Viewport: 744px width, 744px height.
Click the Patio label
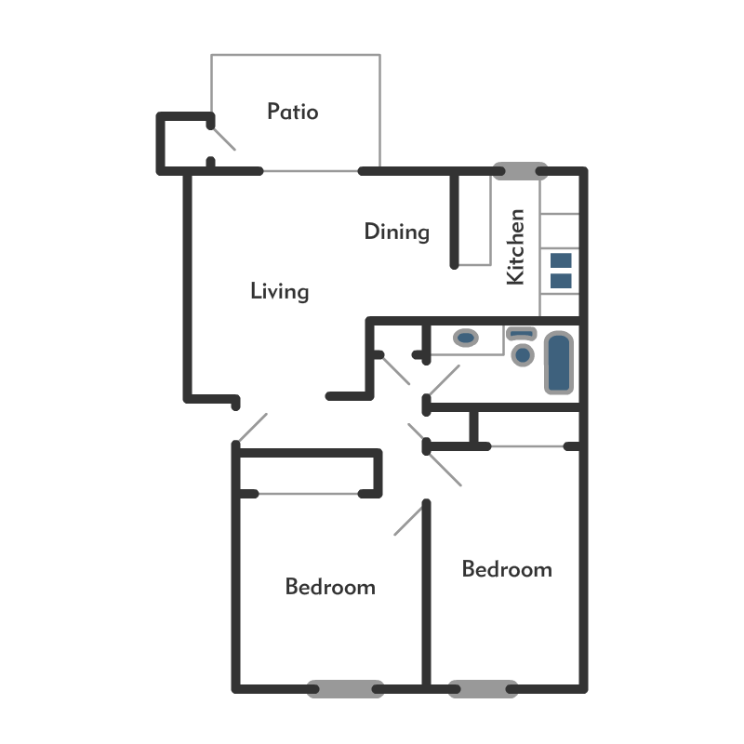point(293,112)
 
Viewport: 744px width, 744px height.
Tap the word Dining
point(397,232)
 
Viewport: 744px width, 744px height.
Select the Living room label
point(280,291)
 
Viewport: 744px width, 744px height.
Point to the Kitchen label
point(516,246)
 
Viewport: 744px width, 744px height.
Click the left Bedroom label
point(330,587)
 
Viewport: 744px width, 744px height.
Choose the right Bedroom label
point(507,569)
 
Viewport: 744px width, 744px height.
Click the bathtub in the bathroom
point(559,363)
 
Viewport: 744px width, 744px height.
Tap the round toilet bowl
point(523,355)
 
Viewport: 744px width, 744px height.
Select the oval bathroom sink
point(466,338)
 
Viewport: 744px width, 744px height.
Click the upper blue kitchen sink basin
point(561,260)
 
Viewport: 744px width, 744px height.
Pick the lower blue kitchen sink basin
point(561,281)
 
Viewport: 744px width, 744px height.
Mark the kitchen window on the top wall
point(520,171)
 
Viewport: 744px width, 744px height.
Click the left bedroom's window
point(345,689)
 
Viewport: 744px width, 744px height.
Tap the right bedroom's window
point(483,689)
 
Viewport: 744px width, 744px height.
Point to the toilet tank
point(521,333)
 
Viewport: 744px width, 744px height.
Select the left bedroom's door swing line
point(408,521)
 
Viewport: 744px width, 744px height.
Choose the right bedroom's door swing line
point(445,470)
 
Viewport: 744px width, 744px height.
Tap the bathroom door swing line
point(445,380)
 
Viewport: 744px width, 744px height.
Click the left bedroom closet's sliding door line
point(309,494)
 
